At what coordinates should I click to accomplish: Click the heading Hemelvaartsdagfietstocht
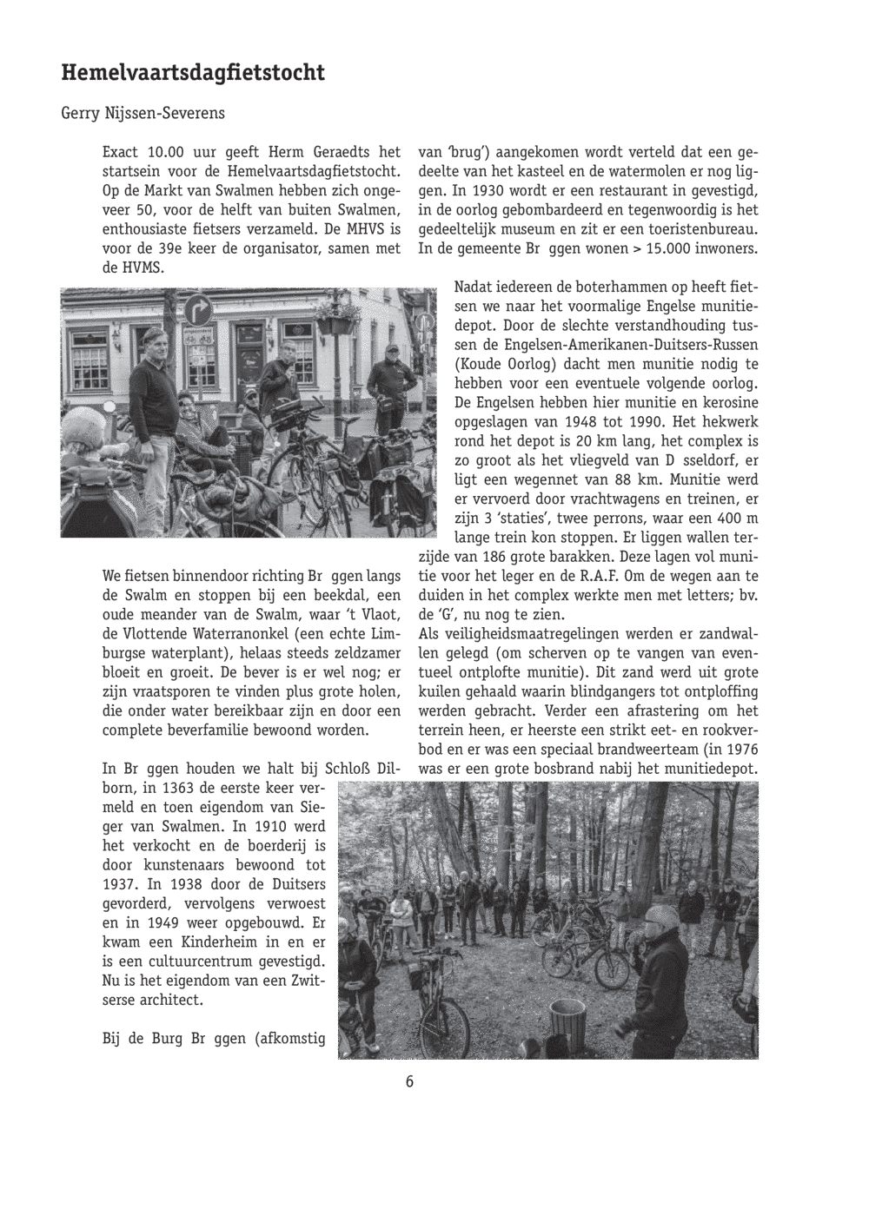(193, 73)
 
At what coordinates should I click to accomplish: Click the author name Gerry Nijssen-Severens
(143, 114)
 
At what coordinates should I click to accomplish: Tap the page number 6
(408, 1081)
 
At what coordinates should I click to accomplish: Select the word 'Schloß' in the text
(348, 769)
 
